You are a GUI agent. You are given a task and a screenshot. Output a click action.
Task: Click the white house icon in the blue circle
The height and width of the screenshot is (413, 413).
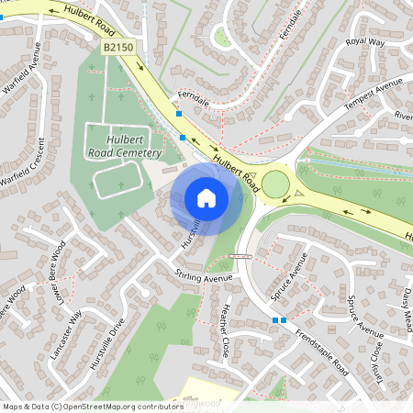(x=206, y=197)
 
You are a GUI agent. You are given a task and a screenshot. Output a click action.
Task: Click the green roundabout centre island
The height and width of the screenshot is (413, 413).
(x=275, y=185)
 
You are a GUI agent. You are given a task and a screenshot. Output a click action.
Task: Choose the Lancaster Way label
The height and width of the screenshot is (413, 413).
(x=69, y=326)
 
